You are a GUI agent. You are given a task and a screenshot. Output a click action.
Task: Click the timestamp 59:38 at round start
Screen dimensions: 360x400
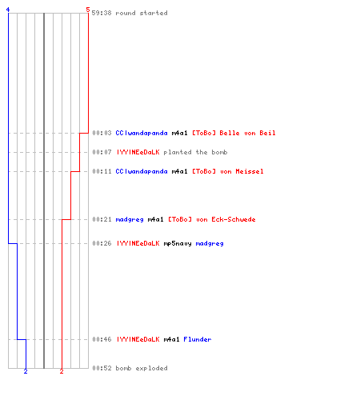(102, 13)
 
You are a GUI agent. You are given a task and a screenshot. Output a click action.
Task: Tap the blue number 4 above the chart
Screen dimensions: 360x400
(8, 10)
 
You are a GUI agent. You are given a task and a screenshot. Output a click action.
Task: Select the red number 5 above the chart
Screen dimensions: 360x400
(88, 10)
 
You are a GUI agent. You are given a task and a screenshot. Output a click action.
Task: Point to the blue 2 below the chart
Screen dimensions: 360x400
(26, 371)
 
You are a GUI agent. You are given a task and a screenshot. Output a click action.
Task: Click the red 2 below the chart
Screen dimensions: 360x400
(62, 371)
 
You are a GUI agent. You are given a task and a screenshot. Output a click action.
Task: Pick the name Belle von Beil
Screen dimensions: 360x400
(247, 133)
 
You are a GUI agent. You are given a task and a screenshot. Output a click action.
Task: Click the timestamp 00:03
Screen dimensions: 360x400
(102, 133)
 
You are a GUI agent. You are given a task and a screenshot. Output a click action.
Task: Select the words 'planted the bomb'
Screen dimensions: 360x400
(195, 152)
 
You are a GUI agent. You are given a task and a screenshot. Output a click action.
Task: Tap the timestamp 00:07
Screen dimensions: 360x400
(102, 152)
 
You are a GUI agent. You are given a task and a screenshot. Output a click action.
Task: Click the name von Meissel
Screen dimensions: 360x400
(242, 171)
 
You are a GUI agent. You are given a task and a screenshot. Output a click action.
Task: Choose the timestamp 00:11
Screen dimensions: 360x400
(102, 171)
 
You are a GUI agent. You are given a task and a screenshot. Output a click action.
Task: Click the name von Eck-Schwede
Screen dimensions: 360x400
(226, 219)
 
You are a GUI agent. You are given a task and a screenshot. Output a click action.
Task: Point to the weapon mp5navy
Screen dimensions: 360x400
(178, 243)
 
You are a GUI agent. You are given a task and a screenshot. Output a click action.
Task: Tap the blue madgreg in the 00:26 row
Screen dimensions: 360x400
(210, 244)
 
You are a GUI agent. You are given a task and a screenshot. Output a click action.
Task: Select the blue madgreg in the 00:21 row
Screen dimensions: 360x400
(130, 220)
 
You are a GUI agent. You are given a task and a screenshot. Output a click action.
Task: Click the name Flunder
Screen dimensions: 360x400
(198, 339)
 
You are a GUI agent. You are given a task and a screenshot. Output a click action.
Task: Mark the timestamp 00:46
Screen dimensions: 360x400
(102, 339)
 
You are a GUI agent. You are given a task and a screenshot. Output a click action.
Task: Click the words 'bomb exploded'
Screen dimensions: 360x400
(142, 368)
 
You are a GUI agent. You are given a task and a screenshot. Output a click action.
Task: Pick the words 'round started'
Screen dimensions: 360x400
(142, 13)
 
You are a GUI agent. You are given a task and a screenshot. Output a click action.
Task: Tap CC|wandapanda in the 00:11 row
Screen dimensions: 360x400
(142, 171)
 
